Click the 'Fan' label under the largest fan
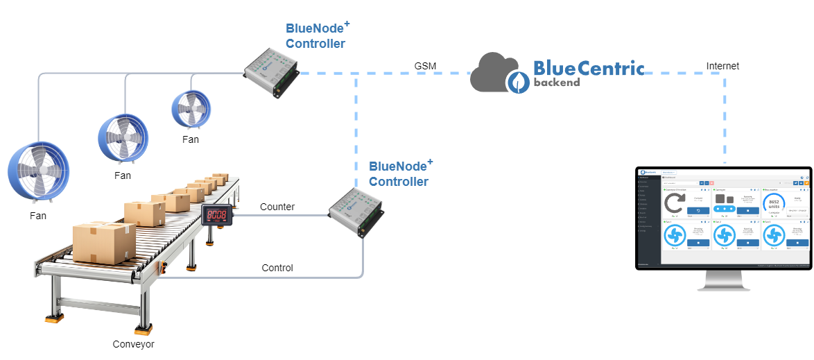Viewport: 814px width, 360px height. pyautogui.click(x=39, y=216)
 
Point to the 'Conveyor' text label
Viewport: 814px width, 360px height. pyautogui.click(x=134, y=344)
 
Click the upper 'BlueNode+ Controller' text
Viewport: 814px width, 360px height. pyautogui.click(x=315, y=35)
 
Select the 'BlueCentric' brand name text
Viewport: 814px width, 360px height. pyautogui.click(x=588, y=68)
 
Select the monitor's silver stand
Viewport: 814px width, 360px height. pyautogui.click(x=723, y=280)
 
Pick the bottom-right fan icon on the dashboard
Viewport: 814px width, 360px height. pyautogui.click(x=774, y=236)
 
